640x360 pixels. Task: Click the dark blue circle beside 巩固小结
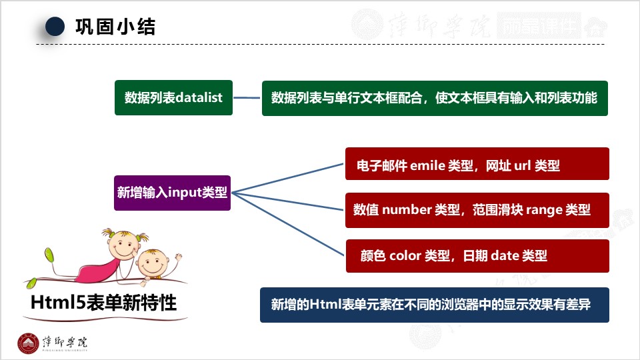[55, 26]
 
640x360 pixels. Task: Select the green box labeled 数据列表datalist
[173, 97]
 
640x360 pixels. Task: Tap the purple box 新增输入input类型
[172, 193]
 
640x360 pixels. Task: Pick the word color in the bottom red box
[405, 255]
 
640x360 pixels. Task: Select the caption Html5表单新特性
[103, 303]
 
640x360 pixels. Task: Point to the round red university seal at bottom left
[28, 343]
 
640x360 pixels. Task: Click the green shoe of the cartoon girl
[49, 255]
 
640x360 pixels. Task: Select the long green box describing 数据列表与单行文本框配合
[434, 97]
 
